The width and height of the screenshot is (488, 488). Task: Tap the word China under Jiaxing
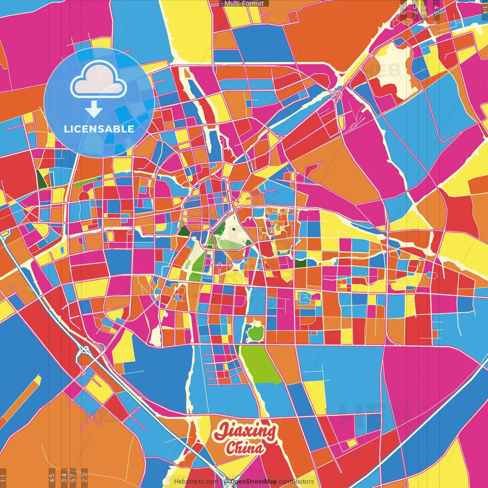point(244,448)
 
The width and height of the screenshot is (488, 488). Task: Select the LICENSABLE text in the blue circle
point(99,129)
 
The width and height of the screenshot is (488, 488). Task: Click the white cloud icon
point(99,80)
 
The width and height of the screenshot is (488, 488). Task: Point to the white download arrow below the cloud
point(94,109)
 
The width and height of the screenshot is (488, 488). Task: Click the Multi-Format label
point(244,3)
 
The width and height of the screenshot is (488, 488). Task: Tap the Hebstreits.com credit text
point(196,482)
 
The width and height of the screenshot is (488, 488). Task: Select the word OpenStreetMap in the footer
point(253,482)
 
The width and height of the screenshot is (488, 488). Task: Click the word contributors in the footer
point(296,482)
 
